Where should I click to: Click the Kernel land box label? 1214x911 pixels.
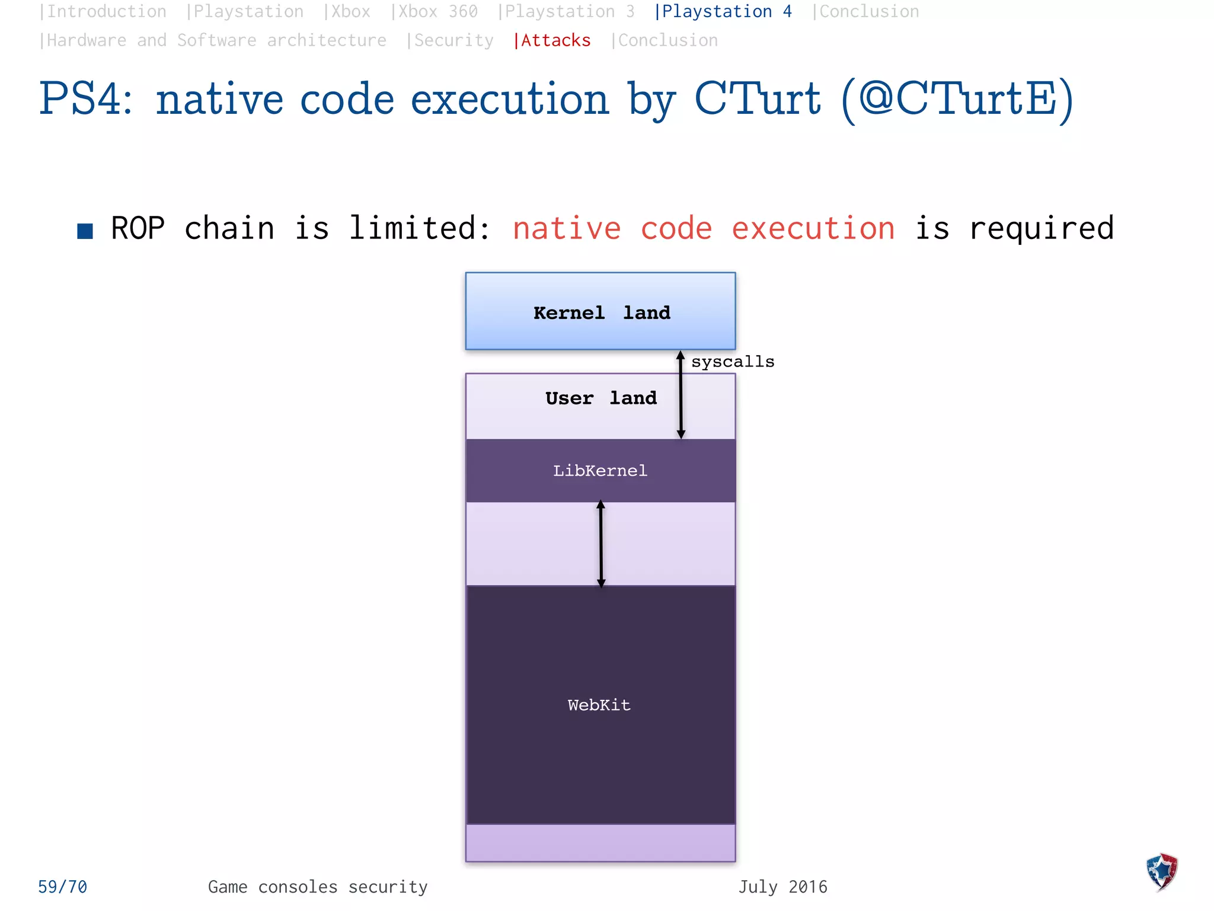point(601,313)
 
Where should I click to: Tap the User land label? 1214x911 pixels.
point(601,398)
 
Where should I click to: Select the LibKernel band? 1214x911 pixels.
point(600,471)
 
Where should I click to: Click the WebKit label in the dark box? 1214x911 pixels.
point(599,705)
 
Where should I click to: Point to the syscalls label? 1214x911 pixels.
point(733,362)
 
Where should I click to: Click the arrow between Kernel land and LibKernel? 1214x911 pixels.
point(681,394)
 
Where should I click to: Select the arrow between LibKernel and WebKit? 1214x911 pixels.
point(600,544)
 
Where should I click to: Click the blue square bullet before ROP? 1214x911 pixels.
point(85,231)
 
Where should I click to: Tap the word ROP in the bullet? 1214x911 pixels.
point(138,228)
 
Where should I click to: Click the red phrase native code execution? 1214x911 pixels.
point(703,228)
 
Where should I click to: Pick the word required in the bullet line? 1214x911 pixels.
point(1042,228)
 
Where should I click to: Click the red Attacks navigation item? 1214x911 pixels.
point(552,40)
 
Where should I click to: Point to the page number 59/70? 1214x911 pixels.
point(62,887)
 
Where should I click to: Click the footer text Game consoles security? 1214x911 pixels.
point(318,887)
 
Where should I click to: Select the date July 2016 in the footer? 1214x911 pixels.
point(782,887)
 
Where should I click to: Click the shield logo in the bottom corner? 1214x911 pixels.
point(1162,872)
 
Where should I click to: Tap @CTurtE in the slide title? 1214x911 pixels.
point(957,99)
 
